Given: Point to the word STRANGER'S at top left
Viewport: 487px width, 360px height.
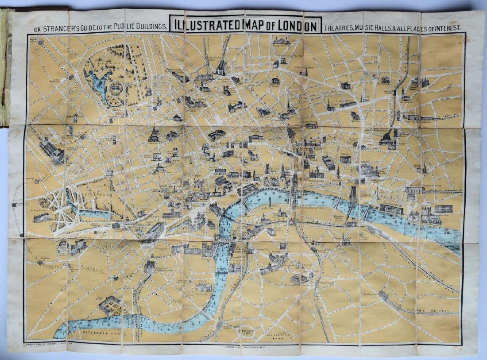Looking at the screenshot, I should pyautogui.click(x=60, y=27).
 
